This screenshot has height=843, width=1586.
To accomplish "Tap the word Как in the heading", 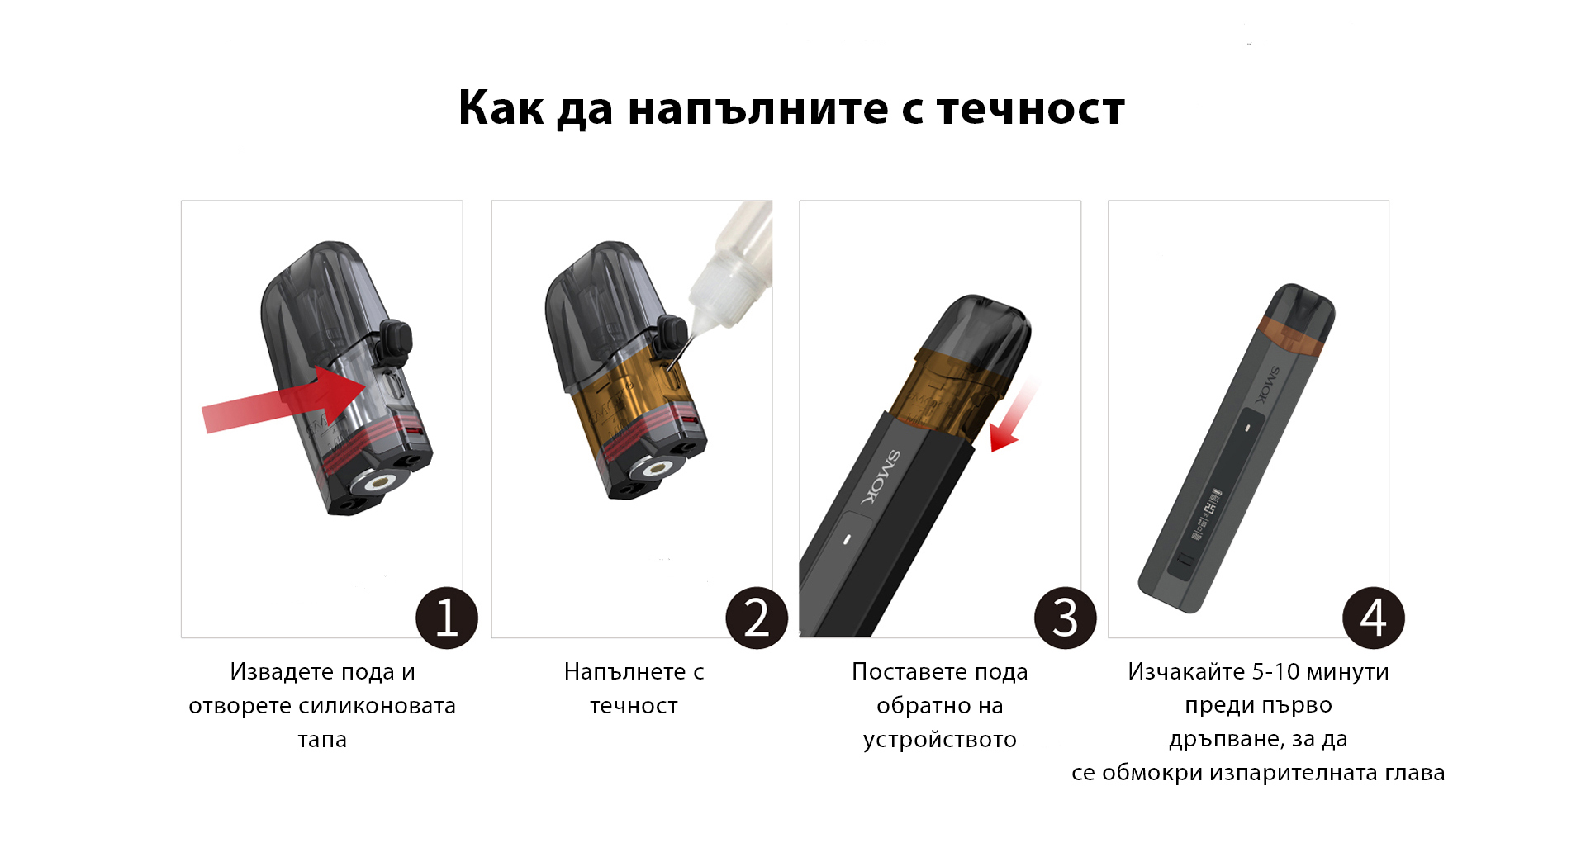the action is (501, 107).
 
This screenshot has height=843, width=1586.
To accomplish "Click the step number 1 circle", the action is (447, 618).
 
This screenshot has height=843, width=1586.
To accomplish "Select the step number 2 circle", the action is (757, 618).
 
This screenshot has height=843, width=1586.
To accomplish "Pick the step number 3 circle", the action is (1066, 618).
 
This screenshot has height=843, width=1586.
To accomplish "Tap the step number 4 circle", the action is (1374, 618).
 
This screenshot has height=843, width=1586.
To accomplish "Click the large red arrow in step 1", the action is (285, 400).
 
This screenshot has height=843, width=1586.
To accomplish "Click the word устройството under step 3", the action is (940, 740).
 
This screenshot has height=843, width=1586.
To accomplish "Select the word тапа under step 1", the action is (322, 740).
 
